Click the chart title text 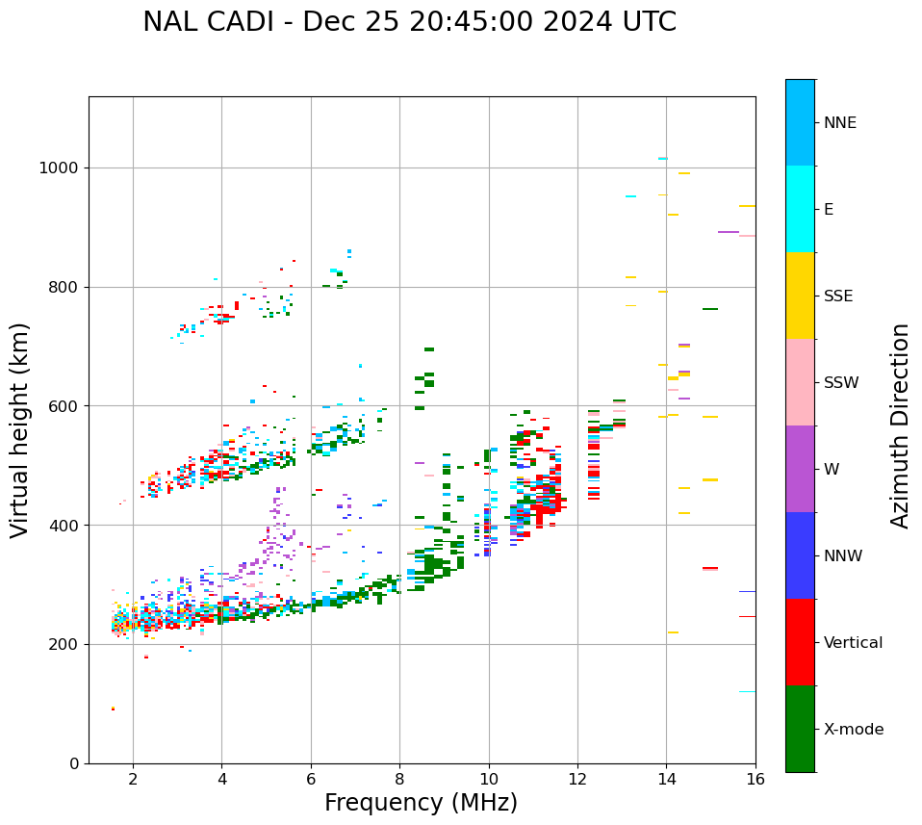click(x=409, y=22)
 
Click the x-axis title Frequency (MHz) click(x=421, y=803)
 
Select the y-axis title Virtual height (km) click(x=20, y=429)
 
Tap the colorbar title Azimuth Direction click(x=900, y=425)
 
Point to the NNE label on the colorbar click(x=839, y=123)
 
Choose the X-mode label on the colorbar click(x=853, y=730)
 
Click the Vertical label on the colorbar click(x=853, y=643)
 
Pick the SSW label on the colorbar click(x=841, y=383)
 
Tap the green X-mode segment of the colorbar click(x=800, y=729)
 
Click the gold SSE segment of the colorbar click(x=800, y=296)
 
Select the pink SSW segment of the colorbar click(x=800, y=382)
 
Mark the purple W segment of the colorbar click(x=800, y=469)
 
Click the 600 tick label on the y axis click(x=67, y=406)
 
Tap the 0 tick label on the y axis click(x=75, y=763)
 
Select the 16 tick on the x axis click(x=756, y=778)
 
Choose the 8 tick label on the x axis click(x=399, y=778)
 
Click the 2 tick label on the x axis click(x=133, y=778)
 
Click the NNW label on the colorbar click(x=843, y=556)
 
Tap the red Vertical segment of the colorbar click(x=800, y=642)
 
